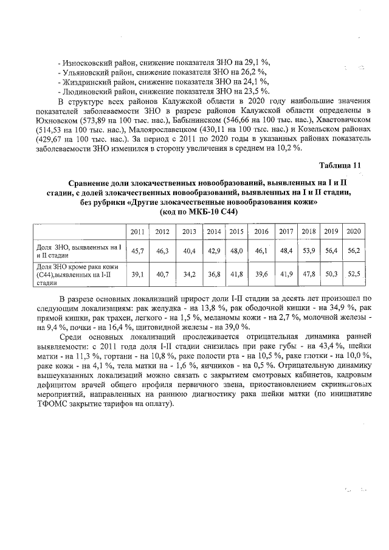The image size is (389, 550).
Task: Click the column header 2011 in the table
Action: coord(137,232)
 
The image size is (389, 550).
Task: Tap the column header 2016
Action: coord(261,232)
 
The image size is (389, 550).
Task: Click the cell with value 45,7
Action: coord(137,250)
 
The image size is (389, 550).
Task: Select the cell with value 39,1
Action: coord(137,274)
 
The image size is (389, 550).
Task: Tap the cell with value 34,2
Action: coord(189,274)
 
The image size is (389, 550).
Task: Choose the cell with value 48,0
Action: coord(236,250)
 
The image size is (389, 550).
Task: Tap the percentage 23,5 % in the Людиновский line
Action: coord(257,91)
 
